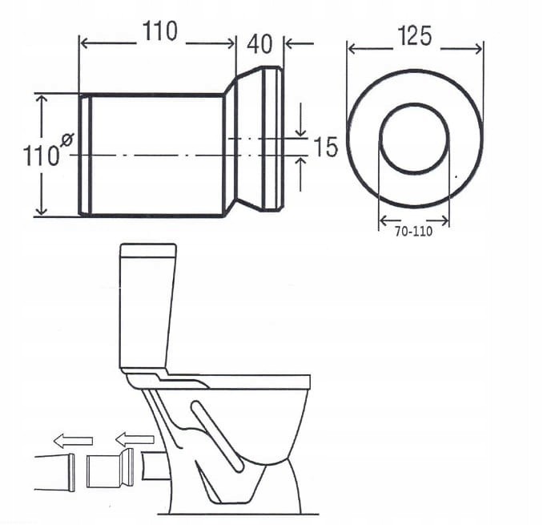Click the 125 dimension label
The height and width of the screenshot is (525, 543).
pyautogui.click(x=415, y=36)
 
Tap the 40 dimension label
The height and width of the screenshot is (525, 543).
pyautogui.click(x=259, y=44)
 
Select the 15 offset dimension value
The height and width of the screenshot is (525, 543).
pyautogui.click(x=325, y=147)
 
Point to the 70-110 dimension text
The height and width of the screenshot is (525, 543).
pyautogui.click(x=414, y=232)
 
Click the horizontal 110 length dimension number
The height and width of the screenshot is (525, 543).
pyautogui.click(x=160, y=31)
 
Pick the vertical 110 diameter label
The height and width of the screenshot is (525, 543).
pyautogui.click(x=42, y=155)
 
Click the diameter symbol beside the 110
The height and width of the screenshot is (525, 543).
pyautogui.click(x=67, y=140)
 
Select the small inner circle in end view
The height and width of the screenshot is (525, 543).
pyautogui.click(x=414, y=138)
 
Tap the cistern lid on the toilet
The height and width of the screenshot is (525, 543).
pyautogui.click(x=148, y=251)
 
